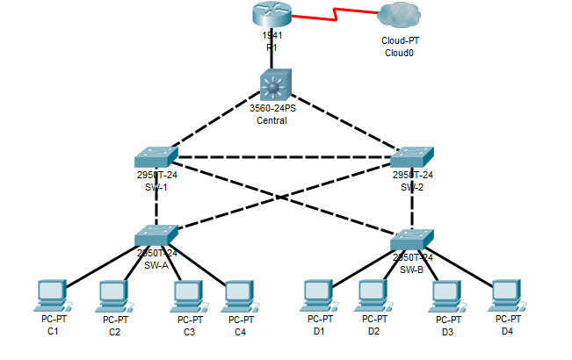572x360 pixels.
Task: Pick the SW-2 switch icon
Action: click(x=411, y=157)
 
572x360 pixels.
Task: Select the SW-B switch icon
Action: click(x=411, y=239)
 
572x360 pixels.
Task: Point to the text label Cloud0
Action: click(x=399, y=53)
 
